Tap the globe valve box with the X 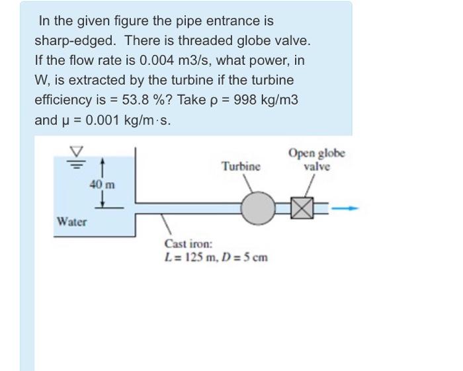click(x=300, y=210)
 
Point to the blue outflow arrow click(x=345, y=209)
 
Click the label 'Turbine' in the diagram click(x=241, y=165)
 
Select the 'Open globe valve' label click(x=316, y=159)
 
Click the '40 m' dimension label click(x=102, y=185)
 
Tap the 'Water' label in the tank click(x=71, y=222)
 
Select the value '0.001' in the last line click(x=104, y=120)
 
